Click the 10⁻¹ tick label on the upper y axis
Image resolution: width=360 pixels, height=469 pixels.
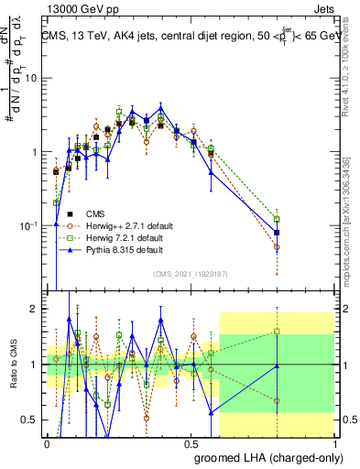[30, 225]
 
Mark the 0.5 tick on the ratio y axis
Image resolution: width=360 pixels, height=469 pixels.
[32, 420]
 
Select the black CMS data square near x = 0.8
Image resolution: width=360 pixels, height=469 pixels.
[277, 233]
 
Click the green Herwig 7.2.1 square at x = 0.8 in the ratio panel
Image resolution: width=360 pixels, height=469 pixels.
[277, 332]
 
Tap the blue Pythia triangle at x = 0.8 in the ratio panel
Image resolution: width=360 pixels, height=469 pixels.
[277, 366]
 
